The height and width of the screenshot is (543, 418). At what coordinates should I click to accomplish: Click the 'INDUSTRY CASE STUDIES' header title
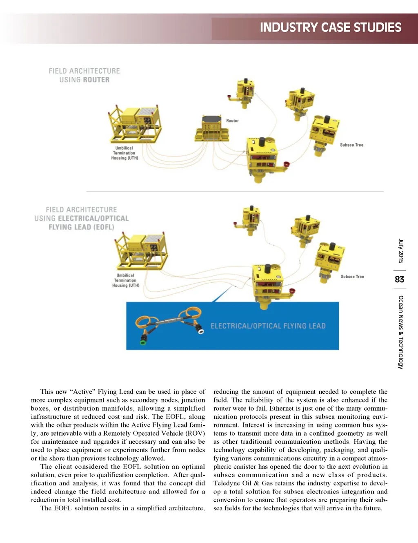[x=330, y=28]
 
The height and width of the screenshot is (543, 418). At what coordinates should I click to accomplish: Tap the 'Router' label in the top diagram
[x=232, y=121]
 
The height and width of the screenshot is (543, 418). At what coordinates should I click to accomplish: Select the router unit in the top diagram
[x=212, y=127]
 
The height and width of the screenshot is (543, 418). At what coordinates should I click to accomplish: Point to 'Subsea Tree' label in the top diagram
[x=351, y=145]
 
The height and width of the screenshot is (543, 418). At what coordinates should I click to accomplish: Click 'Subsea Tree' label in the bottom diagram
[x=352, y=277]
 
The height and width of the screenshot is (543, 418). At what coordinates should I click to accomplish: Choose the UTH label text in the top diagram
[x=125, y=153]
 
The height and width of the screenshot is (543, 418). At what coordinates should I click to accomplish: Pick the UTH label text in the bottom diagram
[x=126, y=280]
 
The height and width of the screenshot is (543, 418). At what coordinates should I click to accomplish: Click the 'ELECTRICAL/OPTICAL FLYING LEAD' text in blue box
[x=268, y=326]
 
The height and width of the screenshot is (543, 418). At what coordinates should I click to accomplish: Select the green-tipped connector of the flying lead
[x=144, y=340]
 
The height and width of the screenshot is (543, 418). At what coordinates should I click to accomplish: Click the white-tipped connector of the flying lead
[x=200, y=330]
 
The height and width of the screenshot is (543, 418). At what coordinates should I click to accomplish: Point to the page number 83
[x=400, y=279]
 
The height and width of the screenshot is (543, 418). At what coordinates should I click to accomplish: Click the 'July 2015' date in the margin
[x=401, y=251]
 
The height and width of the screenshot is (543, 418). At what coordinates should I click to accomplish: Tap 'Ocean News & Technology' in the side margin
[x=401, y=332]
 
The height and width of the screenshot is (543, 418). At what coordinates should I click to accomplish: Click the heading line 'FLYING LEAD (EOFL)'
[x=81, y=227]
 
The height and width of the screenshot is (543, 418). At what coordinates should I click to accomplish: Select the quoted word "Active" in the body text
[x=83, y=392]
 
